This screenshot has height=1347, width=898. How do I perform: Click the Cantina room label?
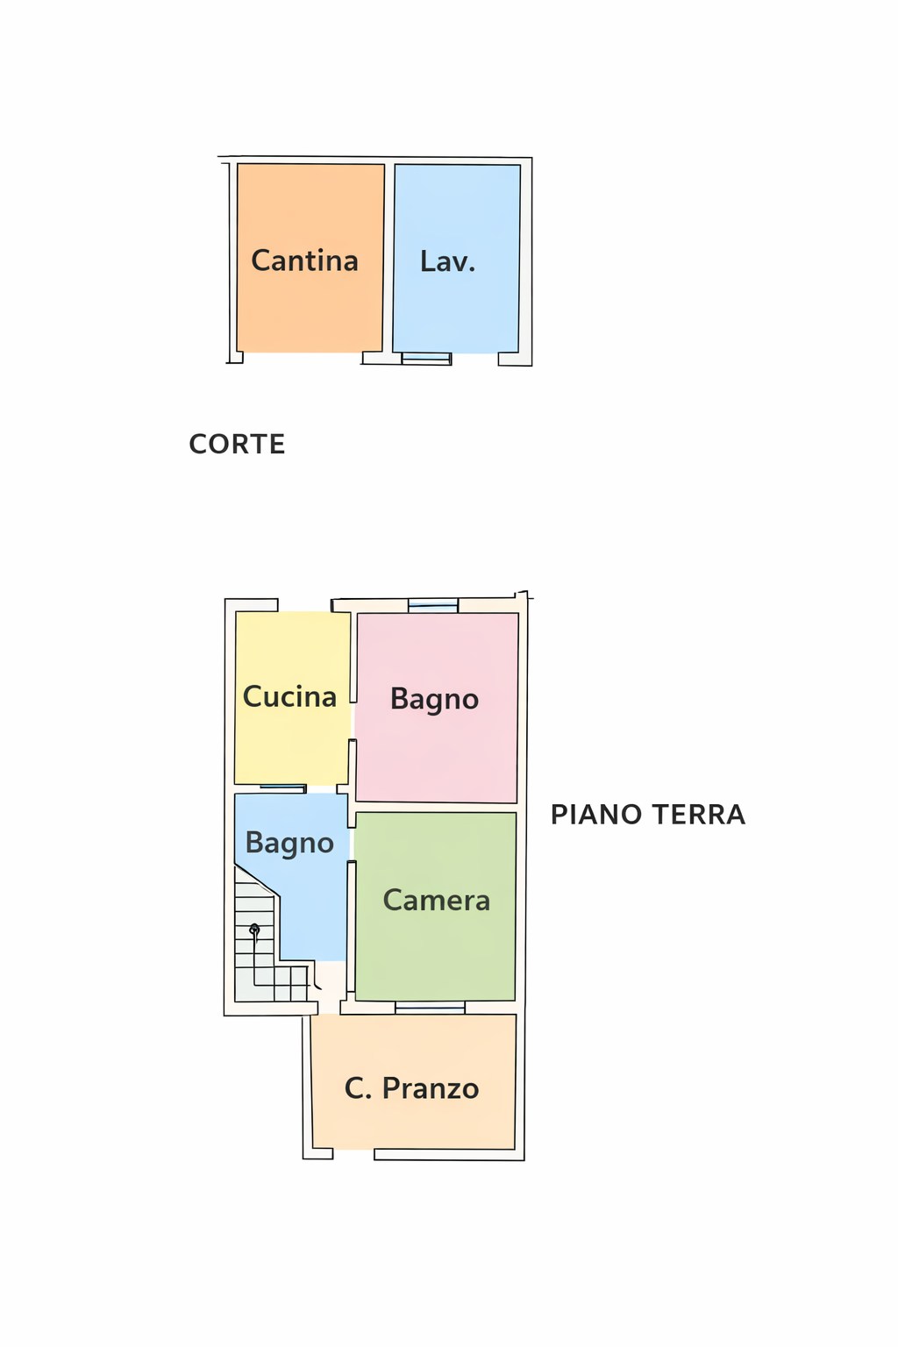pos(304,260)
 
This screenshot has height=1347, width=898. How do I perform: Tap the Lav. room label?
pos(447,261)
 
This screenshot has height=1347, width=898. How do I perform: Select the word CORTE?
pos(237,444)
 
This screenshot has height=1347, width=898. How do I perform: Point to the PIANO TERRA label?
pos(647,815)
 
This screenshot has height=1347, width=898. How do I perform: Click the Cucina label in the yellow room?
pos(289,696)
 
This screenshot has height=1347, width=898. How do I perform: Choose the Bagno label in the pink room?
pos(434,699)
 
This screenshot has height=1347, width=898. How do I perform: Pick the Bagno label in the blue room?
pos(289,843)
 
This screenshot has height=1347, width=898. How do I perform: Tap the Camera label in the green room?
pos(436,900)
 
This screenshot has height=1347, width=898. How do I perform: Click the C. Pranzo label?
pos(411,1088)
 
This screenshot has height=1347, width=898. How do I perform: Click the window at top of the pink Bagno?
pos(433,605)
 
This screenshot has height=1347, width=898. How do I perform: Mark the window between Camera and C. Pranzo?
pos(430,1008)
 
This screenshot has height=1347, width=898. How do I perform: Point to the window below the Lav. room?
pos(426,358)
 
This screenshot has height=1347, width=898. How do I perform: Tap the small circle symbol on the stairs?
pos(254,929)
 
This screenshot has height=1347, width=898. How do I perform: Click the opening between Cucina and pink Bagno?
pos(353,721)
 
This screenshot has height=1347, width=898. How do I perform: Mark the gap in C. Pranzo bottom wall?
pos(353,1154)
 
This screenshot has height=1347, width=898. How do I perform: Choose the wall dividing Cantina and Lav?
pos(388,259)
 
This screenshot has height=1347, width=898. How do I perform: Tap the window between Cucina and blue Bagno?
pos(282,788)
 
